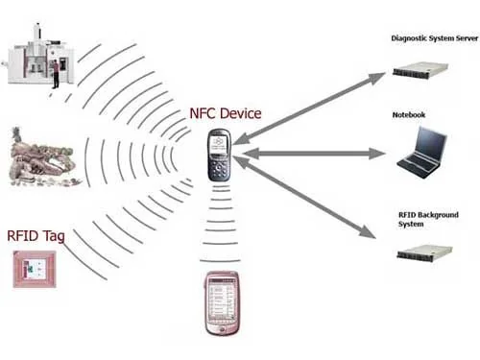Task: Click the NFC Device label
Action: point(226,113)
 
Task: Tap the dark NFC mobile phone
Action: point(219,155)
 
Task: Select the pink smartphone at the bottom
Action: point(222,303)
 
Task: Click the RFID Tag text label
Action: point(36,236)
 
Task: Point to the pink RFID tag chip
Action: point(35,269)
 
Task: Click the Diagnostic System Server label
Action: point(434,38)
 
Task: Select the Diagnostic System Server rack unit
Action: point(420,70)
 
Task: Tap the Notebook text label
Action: point(409,115)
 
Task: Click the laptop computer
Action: point(422,153)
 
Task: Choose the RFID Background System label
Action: point(428,219)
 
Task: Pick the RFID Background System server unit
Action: point(424,252)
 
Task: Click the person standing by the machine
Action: point(56,74)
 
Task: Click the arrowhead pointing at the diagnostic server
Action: point(377,78)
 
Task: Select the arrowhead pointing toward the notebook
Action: point(377,154)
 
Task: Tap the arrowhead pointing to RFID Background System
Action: point(367,231)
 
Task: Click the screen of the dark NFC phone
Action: point(219,143)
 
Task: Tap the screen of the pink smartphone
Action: point(221,300)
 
